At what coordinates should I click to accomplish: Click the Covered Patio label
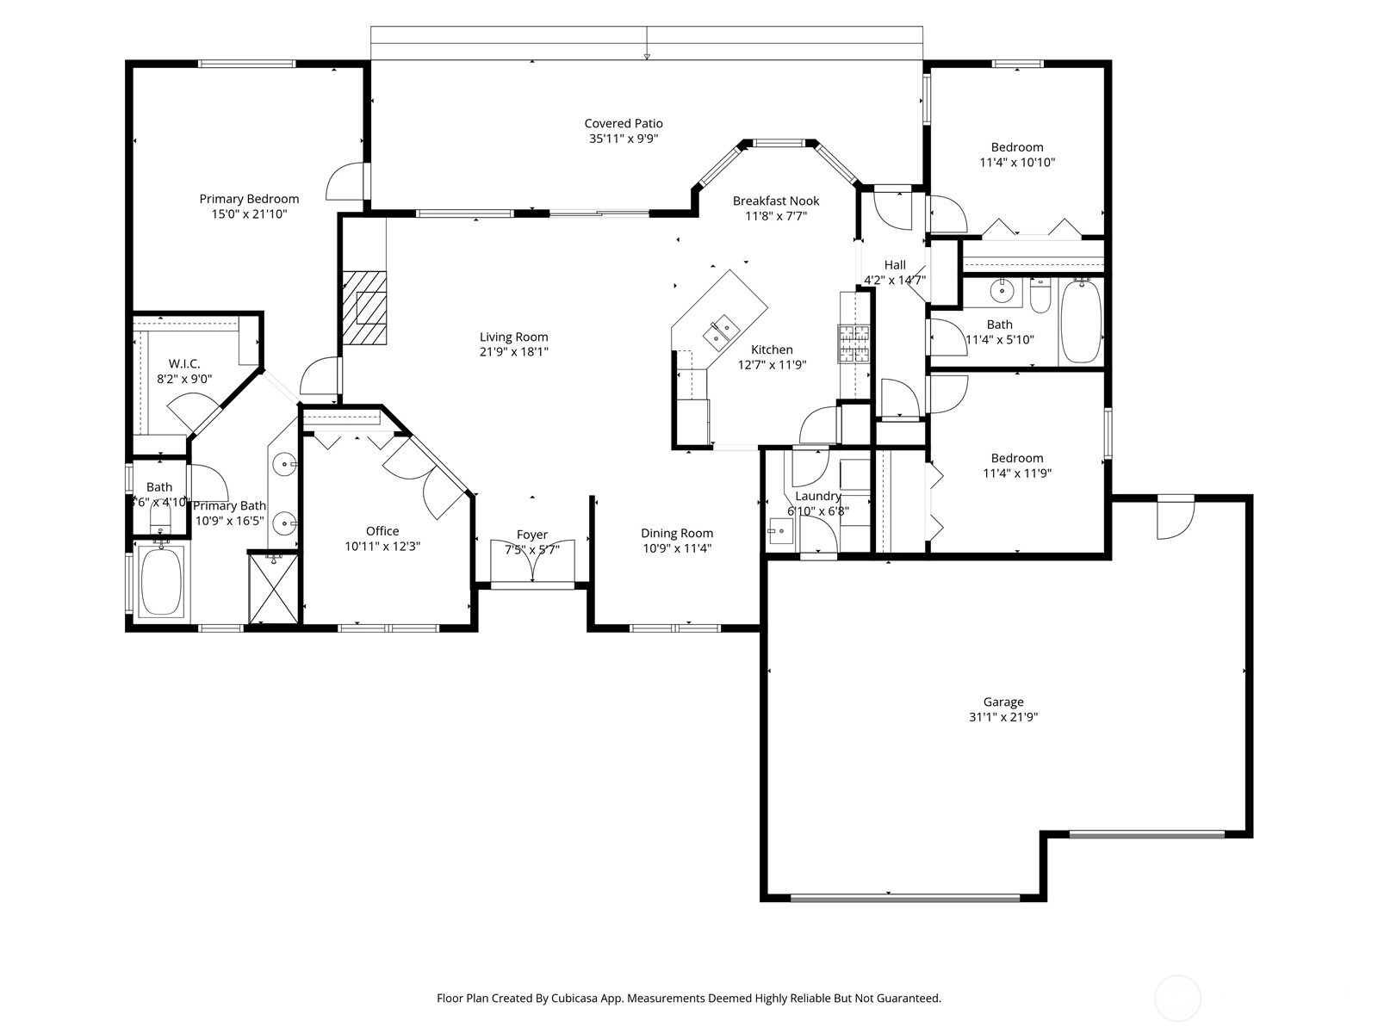pyautogui.click(x=623, y=124)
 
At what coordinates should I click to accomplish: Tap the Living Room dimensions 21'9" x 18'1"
pyautogui.click(x=513, y=352)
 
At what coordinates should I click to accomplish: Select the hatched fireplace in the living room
pyautogui.click(x=364, y=307)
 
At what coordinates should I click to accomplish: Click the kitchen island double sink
pyautogui.click(x=721, y=332)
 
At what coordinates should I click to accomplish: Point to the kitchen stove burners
pyautogui.click(x=853, y=343)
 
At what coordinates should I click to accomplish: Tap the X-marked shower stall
pyautogui.click(x=274, y=588)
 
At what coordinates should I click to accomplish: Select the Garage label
pyautogui.click(x=1003, y=702)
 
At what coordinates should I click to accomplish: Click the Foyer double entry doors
pyautogui.click(x=532, y=560)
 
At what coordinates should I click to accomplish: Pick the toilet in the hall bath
pyautogui.click(x=1040, y=297)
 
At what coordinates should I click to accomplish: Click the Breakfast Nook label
pyautogui.click(x=776, y=201)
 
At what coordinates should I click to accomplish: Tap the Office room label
pyautogui.click(x=382, y=531)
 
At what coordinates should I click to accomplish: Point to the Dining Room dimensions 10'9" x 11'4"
pyautogui.click(x=677, y=548)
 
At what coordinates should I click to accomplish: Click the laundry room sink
pyautogui.click(x=780, y=532)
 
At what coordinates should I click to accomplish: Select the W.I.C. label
pyautogui.click(x=184, y=364)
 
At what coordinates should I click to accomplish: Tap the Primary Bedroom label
pyautogui.click(x=249, y=199)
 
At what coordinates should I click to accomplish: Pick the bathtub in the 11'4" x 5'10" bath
pyautogui.click(x=1081, y=321)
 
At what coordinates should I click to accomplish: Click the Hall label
pyautogui.click(x=895, y=264)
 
